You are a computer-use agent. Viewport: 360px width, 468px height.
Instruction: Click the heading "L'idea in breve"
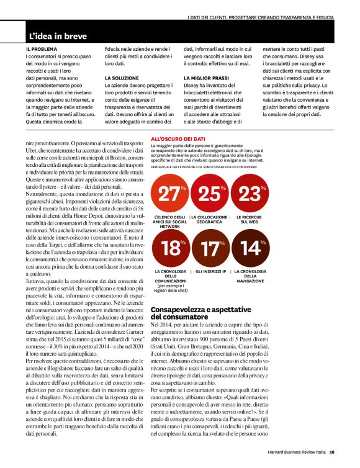58,37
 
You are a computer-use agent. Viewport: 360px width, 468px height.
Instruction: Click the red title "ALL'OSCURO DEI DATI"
181,141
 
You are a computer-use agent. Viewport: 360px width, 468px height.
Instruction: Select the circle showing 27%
169,194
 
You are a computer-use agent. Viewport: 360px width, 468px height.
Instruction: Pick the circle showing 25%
210,194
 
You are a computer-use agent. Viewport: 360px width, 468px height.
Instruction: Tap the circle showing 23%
250,194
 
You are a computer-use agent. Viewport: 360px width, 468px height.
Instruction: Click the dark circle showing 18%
169,249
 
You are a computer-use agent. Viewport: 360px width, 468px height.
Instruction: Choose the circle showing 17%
210,249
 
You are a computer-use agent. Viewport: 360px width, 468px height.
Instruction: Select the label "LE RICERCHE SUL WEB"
250,219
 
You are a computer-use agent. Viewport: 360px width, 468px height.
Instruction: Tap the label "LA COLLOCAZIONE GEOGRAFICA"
210,219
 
